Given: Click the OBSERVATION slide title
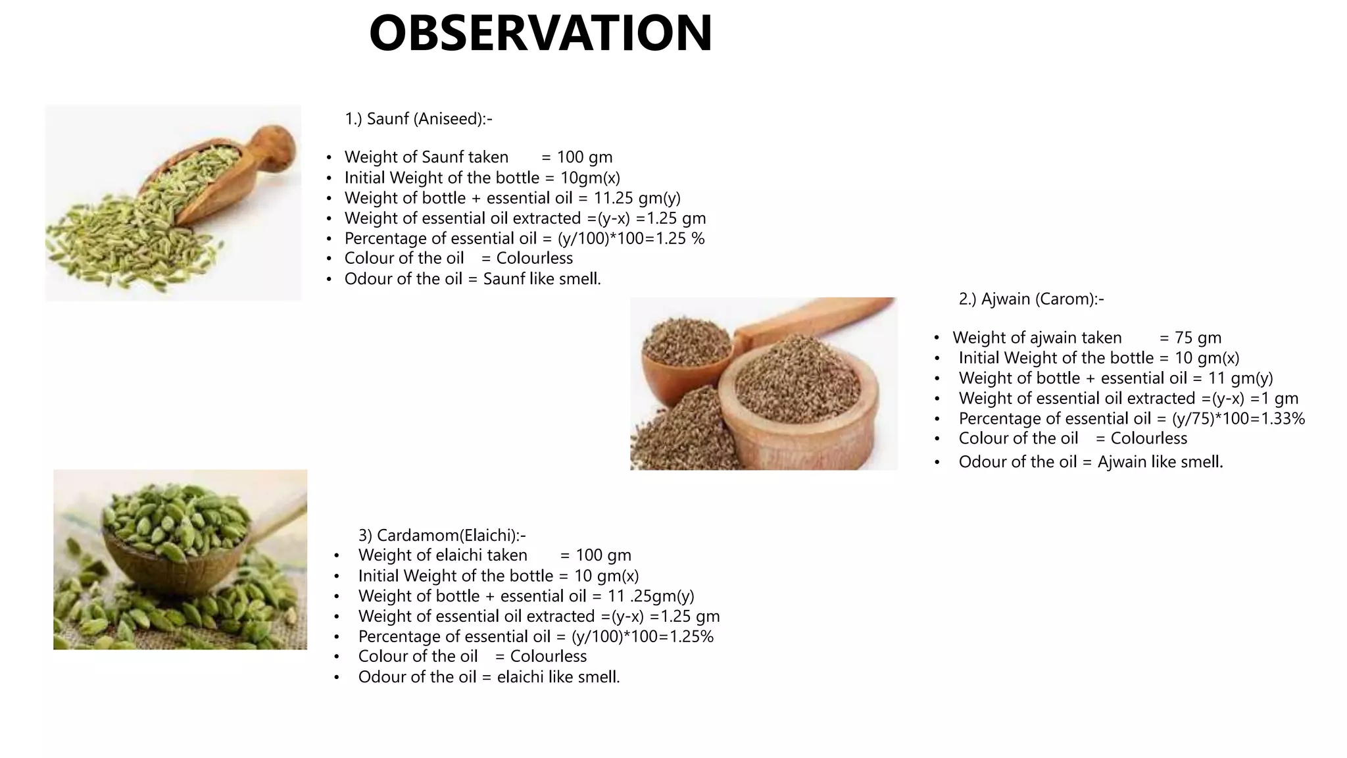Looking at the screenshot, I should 541,34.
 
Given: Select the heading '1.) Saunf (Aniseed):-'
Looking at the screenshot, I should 418,119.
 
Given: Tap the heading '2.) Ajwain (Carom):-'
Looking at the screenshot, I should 1031,299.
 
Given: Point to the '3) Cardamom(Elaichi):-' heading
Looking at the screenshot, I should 441,535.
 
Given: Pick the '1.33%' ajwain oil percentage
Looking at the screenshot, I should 1283,419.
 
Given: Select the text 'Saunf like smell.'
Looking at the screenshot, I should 542,279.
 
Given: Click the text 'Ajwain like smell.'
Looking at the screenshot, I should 1160,462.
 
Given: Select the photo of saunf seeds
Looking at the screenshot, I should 173,203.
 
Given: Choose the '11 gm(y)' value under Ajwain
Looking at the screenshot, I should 1240,378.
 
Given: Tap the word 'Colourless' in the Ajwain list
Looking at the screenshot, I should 1148,439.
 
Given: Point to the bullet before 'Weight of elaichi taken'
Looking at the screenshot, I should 336,556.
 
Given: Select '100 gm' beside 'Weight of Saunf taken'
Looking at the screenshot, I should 585,157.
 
